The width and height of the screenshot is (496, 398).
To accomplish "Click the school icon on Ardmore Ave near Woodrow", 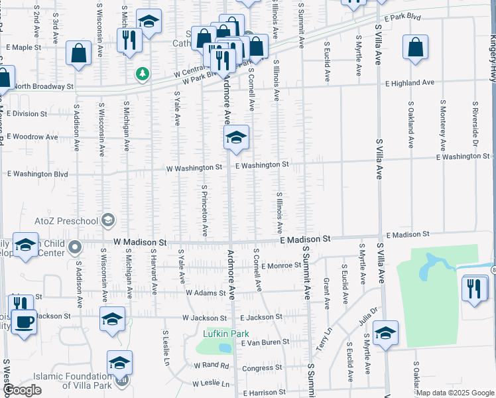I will [x=236, y=137].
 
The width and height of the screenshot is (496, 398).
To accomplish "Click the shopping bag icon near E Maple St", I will [x=78, y=53].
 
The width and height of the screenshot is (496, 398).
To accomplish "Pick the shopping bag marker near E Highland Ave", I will [x=415, y=48].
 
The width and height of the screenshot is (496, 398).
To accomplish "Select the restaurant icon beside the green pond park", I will [x=475, y=289].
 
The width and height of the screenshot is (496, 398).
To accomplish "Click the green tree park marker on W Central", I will [x=142, y=74].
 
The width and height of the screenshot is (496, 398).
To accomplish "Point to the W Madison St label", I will [x=139, y=243].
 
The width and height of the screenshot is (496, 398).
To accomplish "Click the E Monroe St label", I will [x=282, y=266].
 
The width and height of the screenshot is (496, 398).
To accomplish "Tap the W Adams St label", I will [x=206, y=292].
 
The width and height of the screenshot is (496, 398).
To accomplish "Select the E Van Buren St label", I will [x=265, y=342].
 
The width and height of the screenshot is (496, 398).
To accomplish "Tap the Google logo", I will [x=22, y=390].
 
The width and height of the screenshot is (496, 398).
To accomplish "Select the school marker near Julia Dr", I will [x=385, y=333].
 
